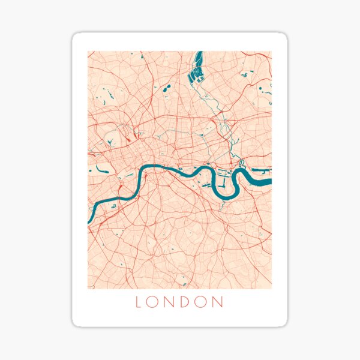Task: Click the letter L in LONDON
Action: pyautogui.click(x=139, y=302)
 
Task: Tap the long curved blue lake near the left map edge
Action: pyautogui.click(x=98, y=169)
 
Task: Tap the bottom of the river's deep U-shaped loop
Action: pyautogui.click(x=226, y=197)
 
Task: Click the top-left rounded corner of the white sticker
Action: pyautogui.click(x=75, y=35)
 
